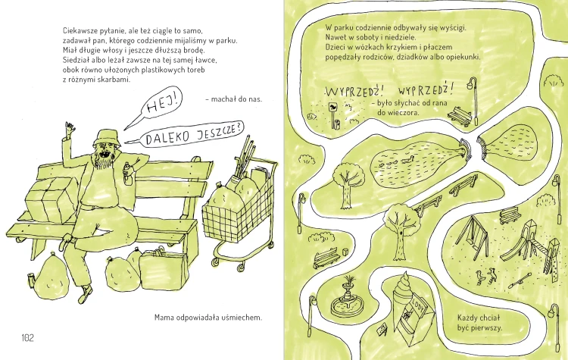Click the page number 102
click(27, 338)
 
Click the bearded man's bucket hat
click(107, 137)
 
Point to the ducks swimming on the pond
click(395, 161)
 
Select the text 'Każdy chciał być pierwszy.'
click(479, 323)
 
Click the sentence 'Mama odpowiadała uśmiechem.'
click(208, 318)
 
